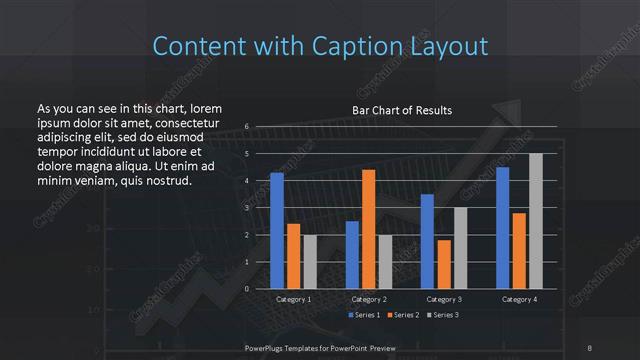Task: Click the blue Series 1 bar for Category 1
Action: click(277, 231)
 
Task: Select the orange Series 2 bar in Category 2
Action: click(368, 229)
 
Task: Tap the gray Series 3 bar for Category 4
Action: click(535, 221)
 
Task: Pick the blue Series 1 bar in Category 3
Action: click(427, 241)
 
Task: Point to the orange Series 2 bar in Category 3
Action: click(443, 264)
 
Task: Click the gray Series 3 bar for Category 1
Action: click(309, 262)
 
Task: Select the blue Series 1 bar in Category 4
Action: click(502, 228)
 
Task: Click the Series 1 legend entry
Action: click(366, 316)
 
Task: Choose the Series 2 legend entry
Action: click(403, 316)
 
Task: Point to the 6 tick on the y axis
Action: click(246, 127)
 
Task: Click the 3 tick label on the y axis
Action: click(246, 208)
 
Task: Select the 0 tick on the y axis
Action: click(246, 289)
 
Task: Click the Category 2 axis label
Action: click(369, 299)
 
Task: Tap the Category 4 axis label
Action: click(519, 299)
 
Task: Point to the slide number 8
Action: click(590, 348)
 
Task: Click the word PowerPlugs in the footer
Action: click(269, 348)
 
